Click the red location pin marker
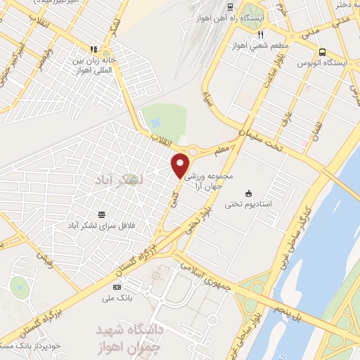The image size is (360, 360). pyautogui.click(x=181, y=165)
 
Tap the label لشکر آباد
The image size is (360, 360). pyautogui.click(x=122, y=180)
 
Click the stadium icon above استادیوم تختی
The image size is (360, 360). pyautogui.click(x=248, y=193)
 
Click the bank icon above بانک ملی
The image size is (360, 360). pyautogui.click(x=117, y=286)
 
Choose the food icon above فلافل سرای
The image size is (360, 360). pyautogui.click(x=103, y=215)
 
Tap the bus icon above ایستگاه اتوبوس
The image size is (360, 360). pyautogui.click(x=322, y=51)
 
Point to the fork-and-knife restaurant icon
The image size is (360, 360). pyautogui.click(x=260, y=34)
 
